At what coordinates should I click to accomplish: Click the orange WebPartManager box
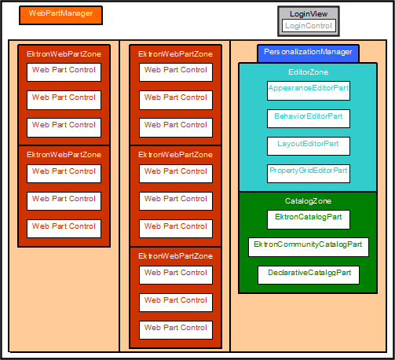[x=60, y=16]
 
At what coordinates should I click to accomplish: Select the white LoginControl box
[x=309, y=26]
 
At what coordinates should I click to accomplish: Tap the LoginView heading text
[x=309, y=14]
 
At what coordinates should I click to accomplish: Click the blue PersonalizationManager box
[x=308, y=53]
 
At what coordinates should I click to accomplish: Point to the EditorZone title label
[x=308, y=72]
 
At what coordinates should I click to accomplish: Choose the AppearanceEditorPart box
[x=309, y=90]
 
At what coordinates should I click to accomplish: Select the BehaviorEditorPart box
[x=309, y=119]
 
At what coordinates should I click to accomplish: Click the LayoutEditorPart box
[x=309, y=146]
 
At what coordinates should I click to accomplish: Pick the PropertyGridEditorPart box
[x=309, y=174]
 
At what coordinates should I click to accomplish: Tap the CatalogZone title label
[x=308, y=201]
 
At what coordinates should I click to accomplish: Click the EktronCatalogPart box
[x=309, y=219]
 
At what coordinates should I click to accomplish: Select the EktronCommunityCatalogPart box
[x=309, y=247]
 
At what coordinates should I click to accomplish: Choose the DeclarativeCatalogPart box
[x=309, y=275]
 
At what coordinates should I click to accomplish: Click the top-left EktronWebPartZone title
[x=64, y=54]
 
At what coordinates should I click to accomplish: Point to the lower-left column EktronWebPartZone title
[x=64, y=155]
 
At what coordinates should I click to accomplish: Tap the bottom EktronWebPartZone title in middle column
[x=175, y=256]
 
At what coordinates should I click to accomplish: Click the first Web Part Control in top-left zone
[x=64, y=72]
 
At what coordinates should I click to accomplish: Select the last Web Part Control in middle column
[x=176, y=330]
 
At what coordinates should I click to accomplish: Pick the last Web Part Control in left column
[x=64, y=229]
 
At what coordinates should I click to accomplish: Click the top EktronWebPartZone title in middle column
[x=175, y=54]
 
